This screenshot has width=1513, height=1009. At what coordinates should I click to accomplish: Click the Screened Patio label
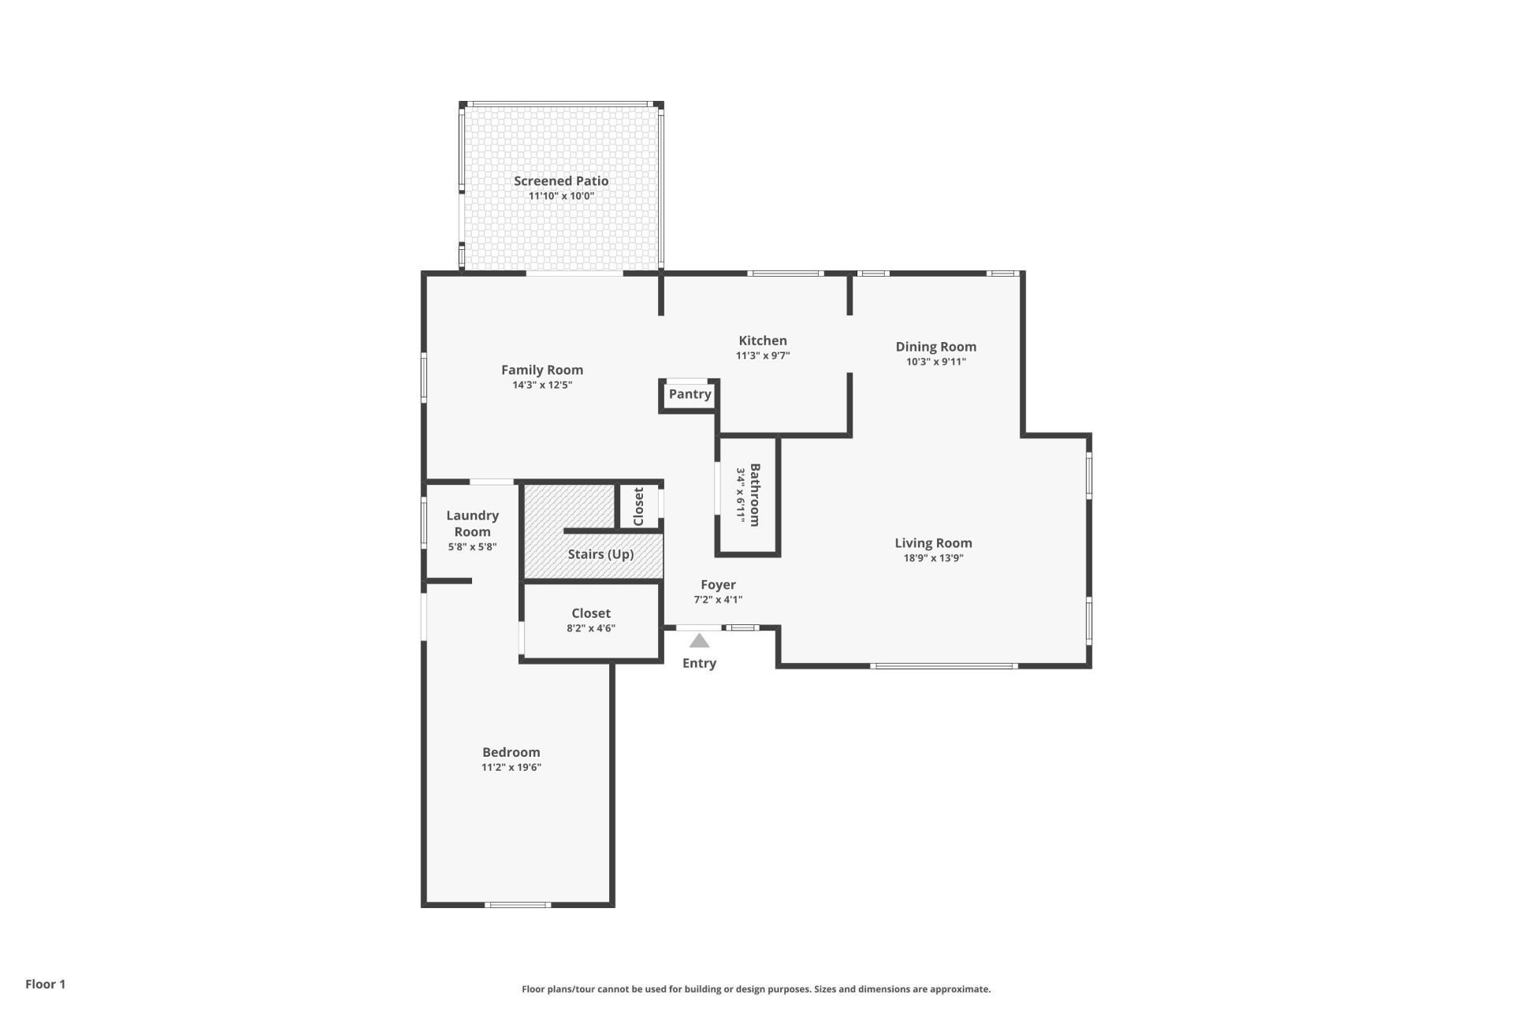tap(561, 181)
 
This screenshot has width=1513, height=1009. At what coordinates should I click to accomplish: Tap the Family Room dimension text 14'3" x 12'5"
tap(542, 385)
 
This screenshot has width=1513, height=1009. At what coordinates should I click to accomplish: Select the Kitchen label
tap(762, 341)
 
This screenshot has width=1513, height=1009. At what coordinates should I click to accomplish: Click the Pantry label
tap(690, 394)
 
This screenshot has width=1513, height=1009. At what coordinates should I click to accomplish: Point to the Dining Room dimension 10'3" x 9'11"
tap(935, 362)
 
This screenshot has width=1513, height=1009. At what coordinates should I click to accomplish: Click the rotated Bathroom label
tap(755, 495)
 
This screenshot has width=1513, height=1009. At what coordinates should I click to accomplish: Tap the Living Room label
tap(933, 543)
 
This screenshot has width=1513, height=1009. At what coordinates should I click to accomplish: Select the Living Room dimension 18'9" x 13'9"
tap(933, 558)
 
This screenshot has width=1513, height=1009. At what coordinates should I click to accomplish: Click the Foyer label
tap(718, 585)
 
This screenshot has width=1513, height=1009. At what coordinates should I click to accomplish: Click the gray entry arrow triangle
tap(699, 641)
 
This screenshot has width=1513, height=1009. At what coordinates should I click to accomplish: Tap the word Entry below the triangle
tap(699, 663)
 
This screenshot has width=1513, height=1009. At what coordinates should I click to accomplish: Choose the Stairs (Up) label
tap(600, 554)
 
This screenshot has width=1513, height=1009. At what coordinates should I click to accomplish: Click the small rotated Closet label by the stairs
tap(638, 506)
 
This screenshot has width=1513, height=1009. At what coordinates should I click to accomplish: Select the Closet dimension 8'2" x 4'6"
tap(590, 628)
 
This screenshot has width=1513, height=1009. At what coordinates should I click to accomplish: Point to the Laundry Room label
tap(472, 523)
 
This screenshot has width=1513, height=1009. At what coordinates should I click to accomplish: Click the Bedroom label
tap(511, 752)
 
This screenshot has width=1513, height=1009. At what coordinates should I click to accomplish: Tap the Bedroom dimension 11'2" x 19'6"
tap(511, 767)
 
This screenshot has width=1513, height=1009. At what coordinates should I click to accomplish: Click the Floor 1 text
tap(45, 984)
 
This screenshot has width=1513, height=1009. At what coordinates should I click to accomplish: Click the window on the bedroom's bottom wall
tap(517, 904)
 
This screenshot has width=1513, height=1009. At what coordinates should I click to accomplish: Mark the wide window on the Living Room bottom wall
tap(943, 666)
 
